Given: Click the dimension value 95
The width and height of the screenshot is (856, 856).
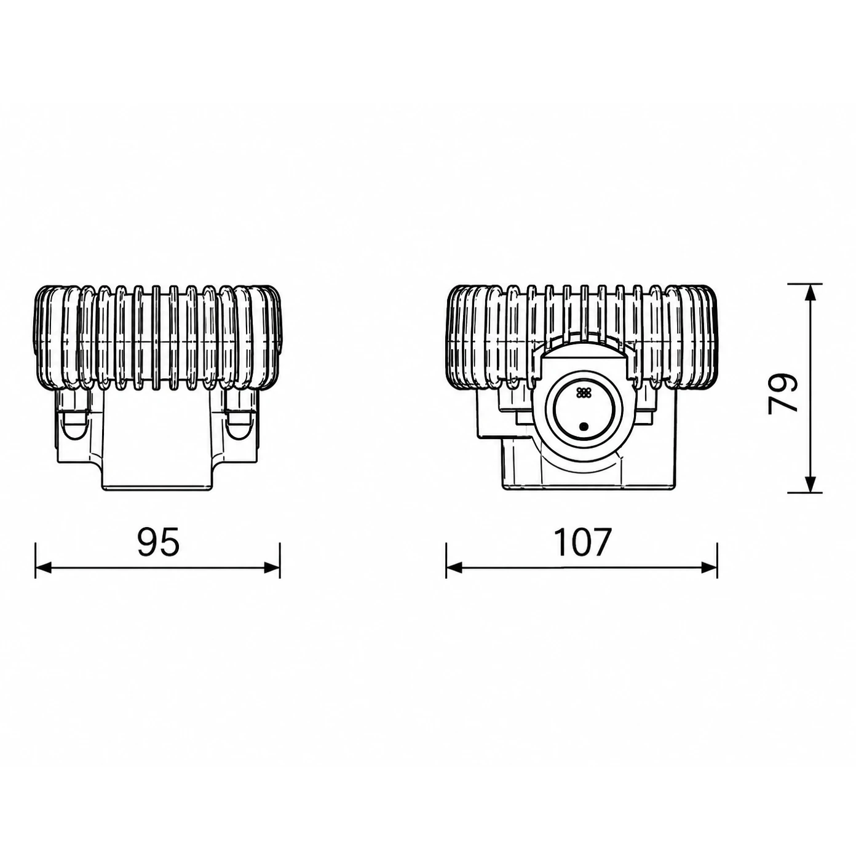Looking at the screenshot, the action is coord(158,542).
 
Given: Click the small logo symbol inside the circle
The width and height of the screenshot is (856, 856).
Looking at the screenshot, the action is coord(582,392).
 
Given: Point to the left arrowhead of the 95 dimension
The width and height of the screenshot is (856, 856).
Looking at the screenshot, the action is coord(42,567).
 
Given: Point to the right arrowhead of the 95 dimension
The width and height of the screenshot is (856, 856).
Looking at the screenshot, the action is coord(272,567).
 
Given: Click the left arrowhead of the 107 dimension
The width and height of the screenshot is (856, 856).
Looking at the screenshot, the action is coord(454,567).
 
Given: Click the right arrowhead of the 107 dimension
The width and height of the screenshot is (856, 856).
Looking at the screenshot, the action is coord(710,567).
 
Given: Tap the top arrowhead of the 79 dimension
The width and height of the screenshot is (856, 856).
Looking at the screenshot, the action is coord(810,291).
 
